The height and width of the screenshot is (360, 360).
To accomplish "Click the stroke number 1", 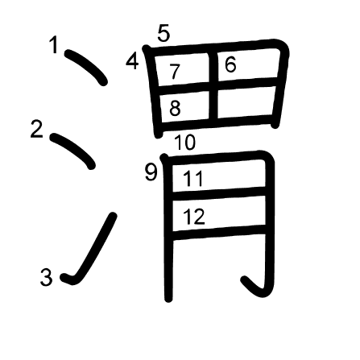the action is click(x=54, y=45).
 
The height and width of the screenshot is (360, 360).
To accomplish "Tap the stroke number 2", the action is click(x=37, y=130).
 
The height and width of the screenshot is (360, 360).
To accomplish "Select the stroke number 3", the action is click(x=46, y=277).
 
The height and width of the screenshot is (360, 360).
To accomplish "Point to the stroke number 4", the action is click(x=132, y=61).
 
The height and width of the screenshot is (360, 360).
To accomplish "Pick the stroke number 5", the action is click(x=163, y=34).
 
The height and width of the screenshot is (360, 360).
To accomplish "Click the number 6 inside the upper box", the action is click(x=230, y=64).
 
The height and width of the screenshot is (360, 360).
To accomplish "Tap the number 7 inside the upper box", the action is click(x=175, y=72).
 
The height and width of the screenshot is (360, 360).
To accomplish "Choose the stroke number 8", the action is click(x=175, y=108).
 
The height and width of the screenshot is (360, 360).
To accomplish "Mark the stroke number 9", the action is click(x=151, y=172).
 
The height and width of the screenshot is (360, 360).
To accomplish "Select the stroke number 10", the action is click(x=185, y=143).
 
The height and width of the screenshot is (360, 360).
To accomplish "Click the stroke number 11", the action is click(x=193, y=179).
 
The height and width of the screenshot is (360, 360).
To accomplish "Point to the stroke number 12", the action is click(x=194, y=217).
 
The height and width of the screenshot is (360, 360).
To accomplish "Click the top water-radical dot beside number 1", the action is click(x=86, y=67).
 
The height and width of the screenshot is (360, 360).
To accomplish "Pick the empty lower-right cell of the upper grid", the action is click(x=246, y=102).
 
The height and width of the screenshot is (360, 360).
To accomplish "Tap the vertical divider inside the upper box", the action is click(x=213, y=86).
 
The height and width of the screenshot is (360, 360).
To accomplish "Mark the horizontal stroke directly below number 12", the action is click(x=219, y=233).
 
